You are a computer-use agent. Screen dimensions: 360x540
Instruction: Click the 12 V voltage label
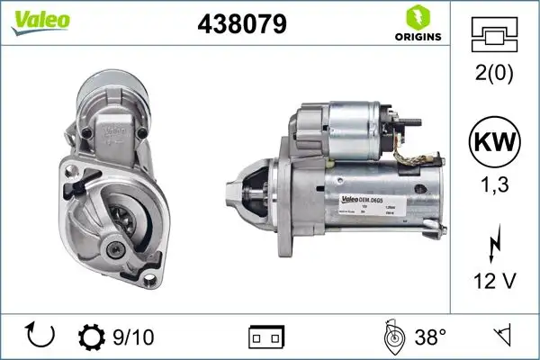click(x=495, y=283)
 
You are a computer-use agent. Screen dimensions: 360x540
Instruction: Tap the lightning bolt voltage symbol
click(x=495, y=246)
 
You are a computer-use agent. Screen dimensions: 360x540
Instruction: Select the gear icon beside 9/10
click(x=92, y=337)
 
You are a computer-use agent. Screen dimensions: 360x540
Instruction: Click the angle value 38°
click(x=430, y=337)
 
